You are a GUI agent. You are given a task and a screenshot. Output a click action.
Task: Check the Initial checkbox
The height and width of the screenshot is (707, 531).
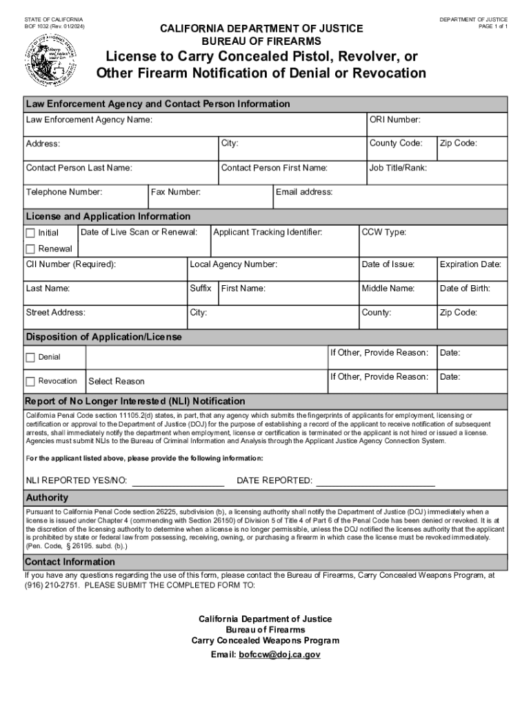[30, 233]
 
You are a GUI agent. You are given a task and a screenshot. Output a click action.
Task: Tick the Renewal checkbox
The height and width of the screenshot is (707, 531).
[30, 249]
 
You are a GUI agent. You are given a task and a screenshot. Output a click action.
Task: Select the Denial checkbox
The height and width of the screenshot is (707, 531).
[30, 357]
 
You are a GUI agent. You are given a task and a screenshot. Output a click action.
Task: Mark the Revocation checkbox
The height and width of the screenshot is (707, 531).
[30, 381]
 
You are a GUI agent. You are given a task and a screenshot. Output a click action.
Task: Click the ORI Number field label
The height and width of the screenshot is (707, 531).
[394, 120]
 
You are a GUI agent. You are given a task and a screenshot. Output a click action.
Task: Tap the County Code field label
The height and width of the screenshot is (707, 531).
[396, 144]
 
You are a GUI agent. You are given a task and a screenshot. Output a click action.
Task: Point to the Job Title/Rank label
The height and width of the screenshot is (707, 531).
[398, 168]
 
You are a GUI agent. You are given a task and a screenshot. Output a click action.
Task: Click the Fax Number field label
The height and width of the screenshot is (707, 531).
[176, 192]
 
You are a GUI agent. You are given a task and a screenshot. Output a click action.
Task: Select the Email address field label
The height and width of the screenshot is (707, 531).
[303, 192]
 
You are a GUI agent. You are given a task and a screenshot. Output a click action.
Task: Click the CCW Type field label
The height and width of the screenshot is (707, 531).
[383, 232]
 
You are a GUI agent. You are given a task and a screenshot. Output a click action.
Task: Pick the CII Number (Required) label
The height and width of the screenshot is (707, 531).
[71, 264]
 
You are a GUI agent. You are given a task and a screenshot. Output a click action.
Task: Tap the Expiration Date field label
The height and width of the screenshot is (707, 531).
[470, 264]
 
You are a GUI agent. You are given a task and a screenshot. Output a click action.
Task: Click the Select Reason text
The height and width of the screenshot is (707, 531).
[117, 381]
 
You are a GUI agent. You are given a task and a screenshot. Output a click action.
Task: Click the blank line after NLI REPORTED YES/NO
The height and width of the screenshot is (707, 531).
[178, 481]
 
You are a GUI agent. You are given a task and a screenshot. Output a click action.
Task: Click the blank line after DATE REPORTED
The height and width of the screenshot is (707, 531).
[375, 481]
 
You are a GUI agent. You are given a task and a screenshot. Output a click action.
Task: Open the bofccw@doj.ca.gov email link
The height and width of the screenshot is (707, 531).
[279, 655]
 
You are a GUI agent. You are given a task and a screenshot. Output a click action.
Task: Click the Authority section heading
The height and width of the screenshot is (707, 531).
[47, 497]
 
